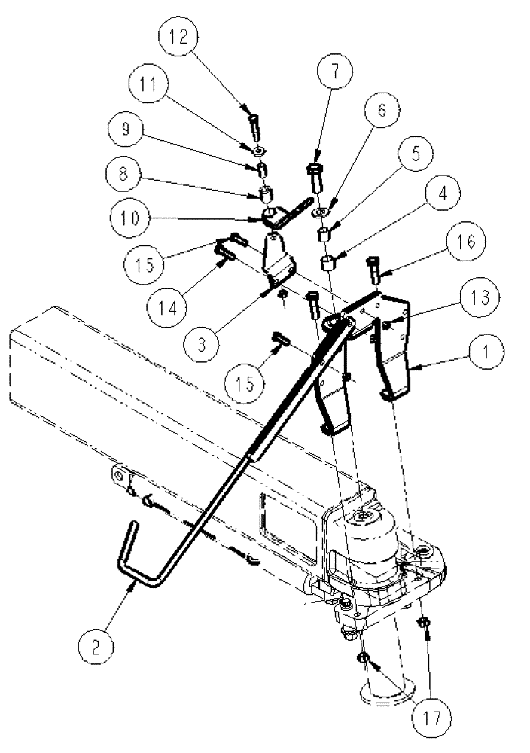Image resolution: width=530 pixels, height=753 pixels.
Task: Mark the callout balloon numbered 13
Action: pyautogui.click(x=479, y=298)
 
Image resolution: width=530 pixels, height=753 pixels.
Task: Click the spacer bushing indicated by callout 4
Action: pyautogui.click(x=329, y=264)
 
